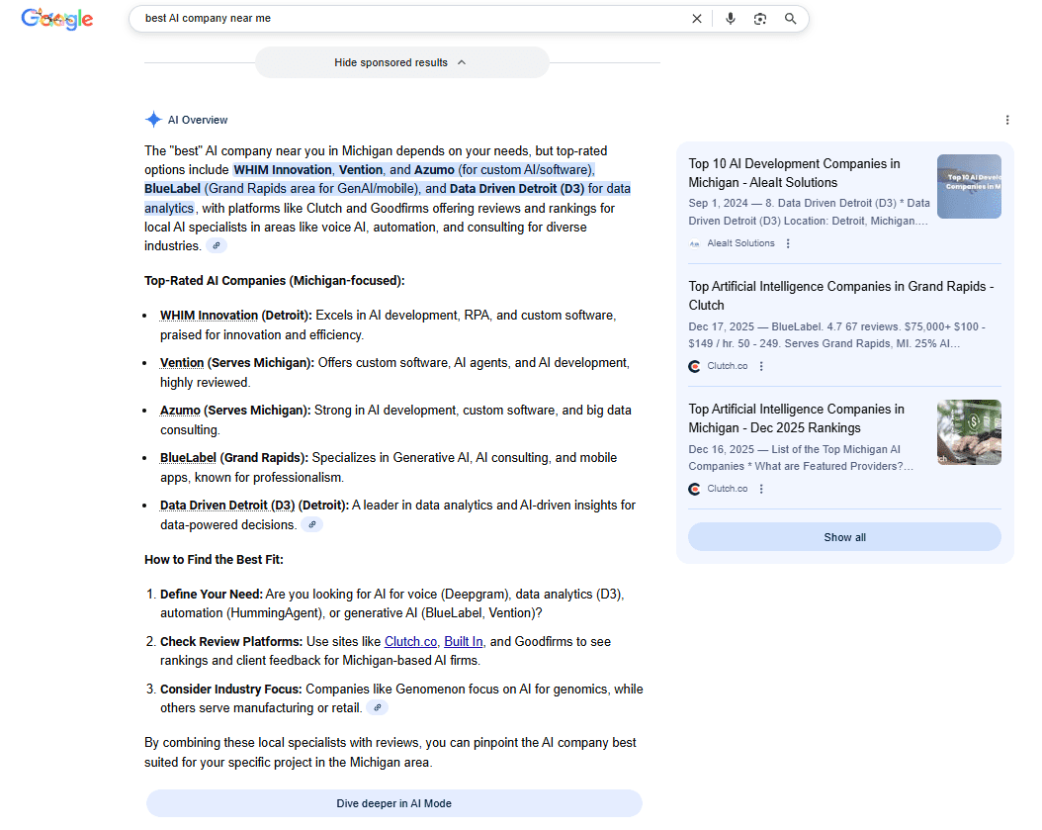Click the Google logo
point(57,19)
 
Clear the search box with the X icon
point(697,19)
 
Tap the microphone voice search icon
point(731,19)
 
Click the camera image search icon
point(760,19)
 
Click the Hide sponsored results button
point(401,62)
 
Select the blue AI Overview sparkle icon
point(153,120)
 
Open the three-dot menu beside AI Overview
point(1007,120)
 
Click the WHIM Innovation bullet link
point(209,316)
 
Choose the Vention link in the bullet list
point(182,363)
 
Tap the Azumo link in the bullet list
point(180,411)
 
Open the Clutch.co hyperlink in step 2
point(410,642)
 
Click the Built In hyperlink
point(464,642)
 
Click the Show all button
point(844,537)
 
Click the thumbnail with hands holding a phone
point(969,432)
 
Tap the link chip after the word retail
point(377,708)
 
